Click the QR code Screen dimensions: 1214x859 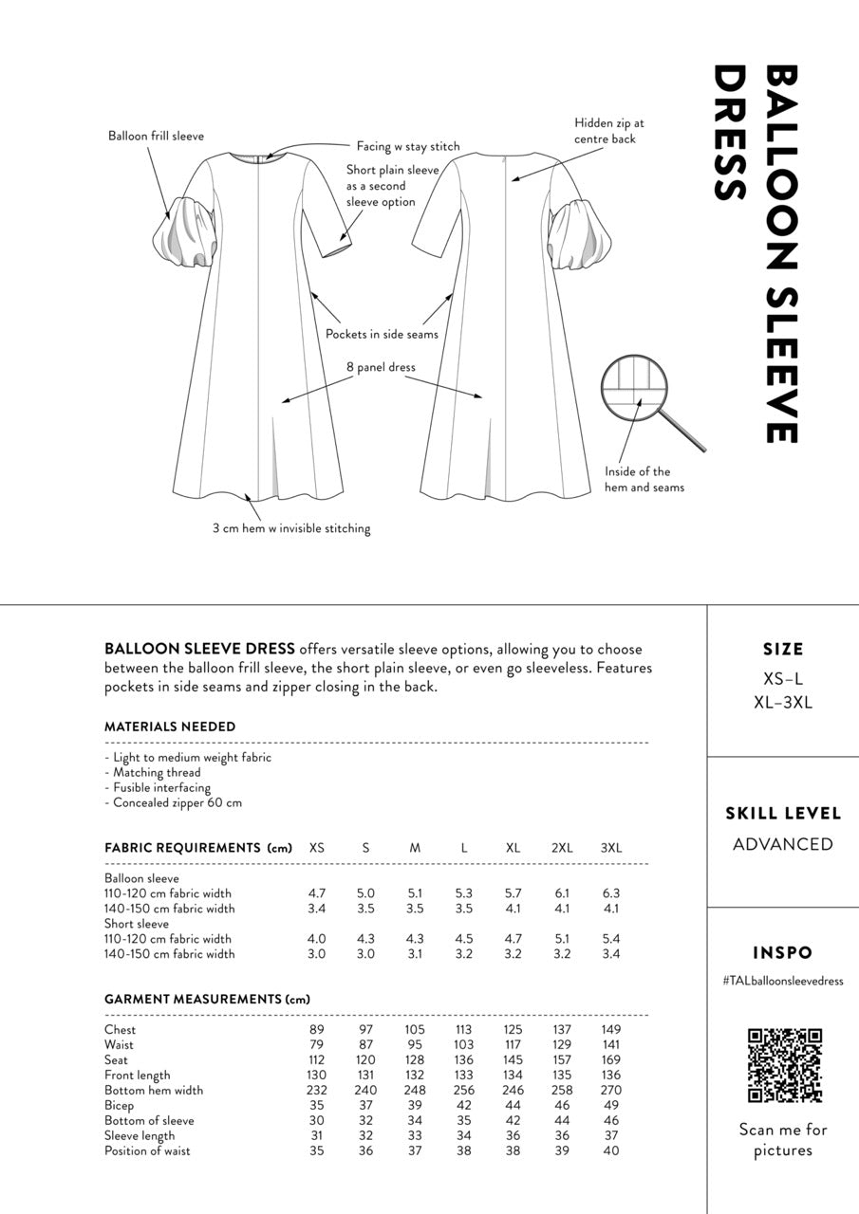pyautogui.click(x=784, y=1066)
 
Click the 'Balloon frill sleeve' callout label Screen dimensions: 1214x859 pyautogui.click(x=156, y=137)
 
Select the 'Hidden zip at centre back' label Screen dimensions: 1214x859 pyautogui.click(x=609, y=131)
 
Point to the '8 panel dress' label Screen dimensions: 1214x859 pyautogui.click(x=381, y=367)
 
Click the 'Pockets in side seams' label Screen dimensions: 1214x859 pyautogui.click(x=382, y=334)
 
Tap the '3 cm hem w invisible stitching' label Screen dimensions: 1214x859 pyautogui.click(x=291, y=528)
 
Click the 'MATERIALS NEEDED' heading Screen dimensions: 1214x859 pyautogui.click(x=170, y=727)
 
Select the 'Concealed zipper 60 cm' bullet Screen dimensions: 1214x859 pyautogui.click(x=177, y=802)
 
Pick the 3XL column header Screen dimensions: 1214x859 pyautogui.click(x=610, y=848)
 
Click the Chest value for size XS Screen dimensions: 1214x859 pyautogui.click(x=317, y=1030)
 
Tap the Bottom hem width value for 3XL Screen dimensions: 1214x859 pyautogui.click(x=610, y=1091)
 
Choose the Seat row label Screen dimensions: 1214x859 pyautogui.click(x=117, y=1060)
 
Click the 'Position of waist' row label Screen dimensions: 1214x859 pyautogui.click(x=147, y=1151)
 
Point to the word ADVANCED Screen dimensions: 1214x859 pyautogui.click(x=783, y=844)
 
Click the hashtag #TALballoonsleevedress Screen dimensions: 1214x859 pyautogui.click(x=783, y=981)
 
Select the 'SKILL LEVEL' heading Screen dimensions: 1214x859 pyautogui.click(x=783, y=814)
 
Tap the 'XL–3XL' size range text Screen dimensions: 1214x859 pyautogui.click(x=783, y=703)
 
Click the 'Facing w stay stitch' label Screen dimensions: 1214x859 pyautogui.click(x=407, y=146)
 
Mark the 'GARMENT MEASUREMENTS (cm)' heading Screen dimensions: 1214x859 pyautogui.click(x=207, y=1000)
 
